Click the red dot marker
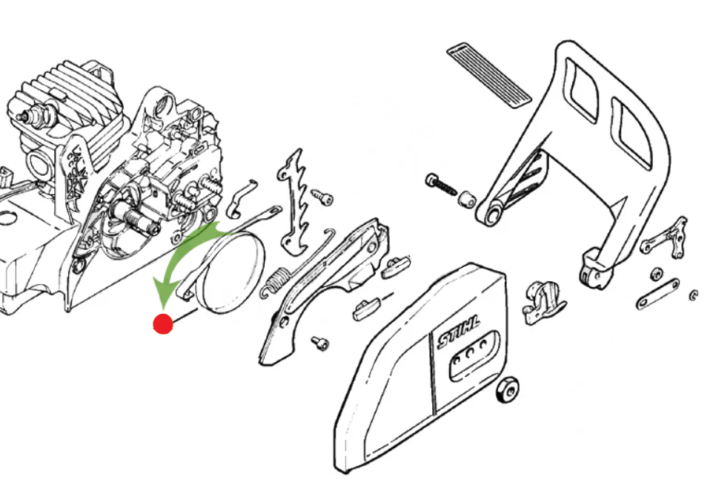coord(162,324)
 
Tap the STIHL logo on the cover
coord(458,332)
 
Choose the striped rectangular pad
coord(489,74)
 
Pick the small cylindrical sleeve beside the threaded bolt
coord(467,200)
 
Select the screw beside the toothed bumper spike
coord(321,196)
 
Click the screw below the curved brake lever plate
coord(319,343)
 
